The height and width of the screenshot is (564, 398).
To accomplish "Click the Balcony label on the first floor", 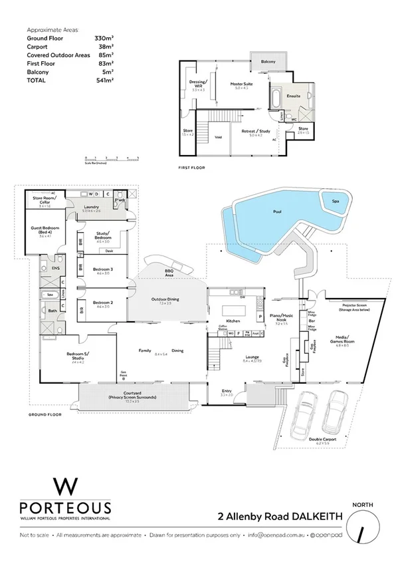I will pyautogui.click(x=268, y=61).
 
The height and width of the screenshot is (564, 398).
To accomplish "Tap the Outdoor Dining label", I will pyautogui.click(x=163, y=299).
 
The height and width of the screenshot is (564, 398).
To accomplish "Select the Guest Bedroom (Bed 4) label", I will pyautogui.click(x=45, y=230).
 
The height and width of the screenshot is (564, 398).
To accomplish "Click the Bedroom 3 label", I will pyautogui.click(x=104, y=269).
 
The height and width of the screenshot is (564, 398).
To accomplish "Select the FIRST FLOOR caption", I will pyautogui.click(x=193, y=168).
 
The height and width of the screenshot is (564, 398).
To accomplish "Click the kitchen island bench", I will pyautogui.click(x=233, y=312).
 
